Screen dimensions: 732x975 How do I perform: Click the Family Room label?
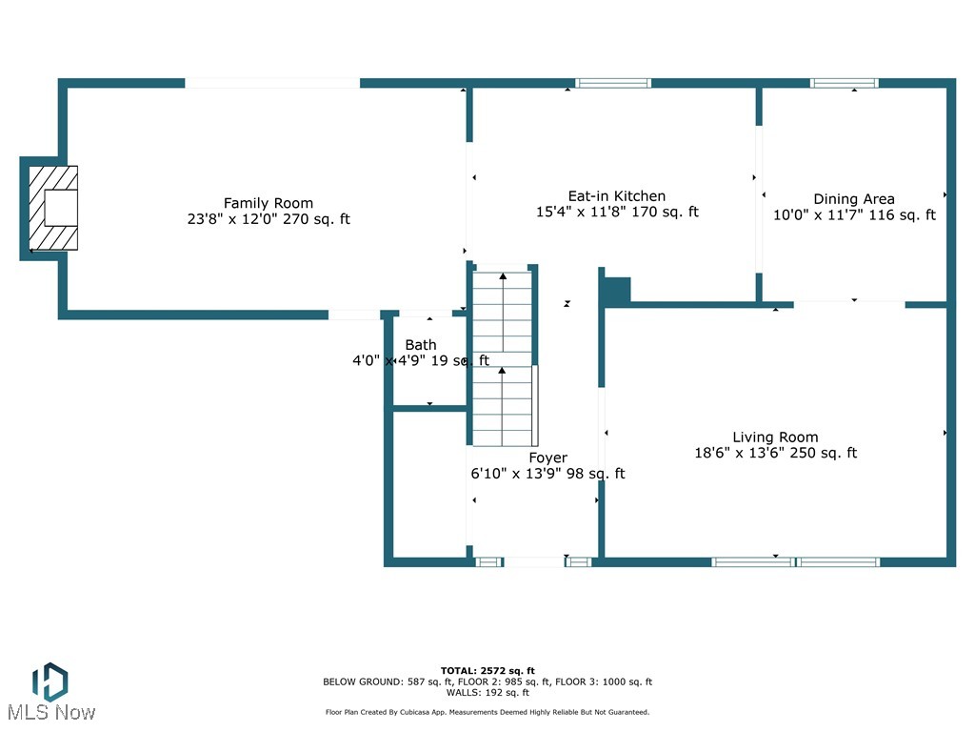(269, 203)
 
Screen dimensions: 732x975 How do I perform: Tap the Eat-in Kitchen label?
(617, 196)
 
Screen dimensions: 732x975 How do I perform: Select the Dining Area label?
(854, 199)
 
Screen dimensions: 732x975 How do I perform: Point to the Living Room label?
(775, 437)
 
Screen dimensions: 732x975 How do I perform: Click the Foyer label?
(548, 457)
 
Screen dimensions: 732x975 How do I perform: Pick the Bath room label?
(421, 345)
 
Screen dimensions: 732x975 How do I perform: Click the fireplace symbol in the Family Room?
(52, 208)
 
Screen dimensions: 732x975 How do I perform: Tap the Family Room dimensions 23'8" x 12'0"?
(269, 219)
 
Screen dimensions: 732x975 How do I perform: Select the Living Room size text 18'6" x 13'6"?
(775, 454)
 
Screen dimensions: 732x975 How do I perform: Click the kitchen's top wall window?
(614, 83)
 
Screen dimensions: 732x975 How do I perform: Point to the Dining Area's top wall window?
(844, 83)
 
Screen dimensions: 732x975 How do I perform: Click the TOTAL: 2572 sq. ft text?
(487, 670)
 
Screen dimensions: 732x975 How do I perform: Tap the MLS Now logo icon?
(50, 681)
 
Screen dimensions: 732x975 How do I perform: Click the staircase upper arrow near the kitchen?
(503, 276)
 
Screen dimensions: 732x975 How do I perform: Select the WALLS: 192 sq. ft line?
(487, 693)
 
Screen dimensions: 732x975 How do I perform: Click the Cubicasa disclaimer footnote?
(487, 712)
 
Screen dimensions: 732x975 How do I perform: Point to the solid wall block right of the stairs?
(617, 291)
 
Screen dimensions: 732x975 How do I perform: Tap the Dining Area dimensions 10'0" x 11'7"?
(854, 215)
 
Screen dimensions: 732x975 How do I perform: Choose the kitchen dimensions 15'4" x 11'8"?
(617, 213)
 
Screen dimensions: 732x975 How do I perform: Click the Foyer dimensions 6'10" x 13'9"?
(547, 474)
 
